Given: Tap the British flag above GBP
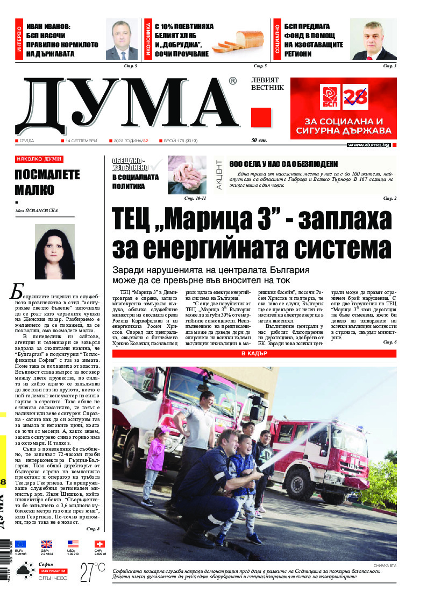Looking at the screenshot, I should click(x=47, y=544).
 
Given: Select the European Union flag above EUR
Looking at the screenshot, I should click(x=21, y=544).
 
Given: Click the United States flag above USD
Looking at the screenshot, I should click(x=73, y=544).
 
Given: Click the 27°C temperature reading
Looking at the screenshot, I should click(x=92, y=572).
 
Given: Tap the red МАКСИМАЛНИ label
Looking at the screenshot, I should click(x=53, y=570).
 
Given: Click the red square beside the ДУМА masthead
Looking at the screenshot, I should click(x=261, y=118).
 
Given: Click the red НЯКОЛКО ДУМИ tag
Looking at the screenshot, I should click(x=39, y=159).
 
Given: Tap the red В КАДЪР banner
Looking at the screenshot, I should click(x=254, y=354).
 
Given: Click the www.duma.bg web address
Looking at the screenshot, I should click(x=368, y=145).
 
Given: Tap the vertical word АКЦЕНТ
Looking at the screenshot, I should click(x=219, y=173).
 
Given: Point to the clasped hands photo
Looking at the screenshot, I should click(x=187, y=174).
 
